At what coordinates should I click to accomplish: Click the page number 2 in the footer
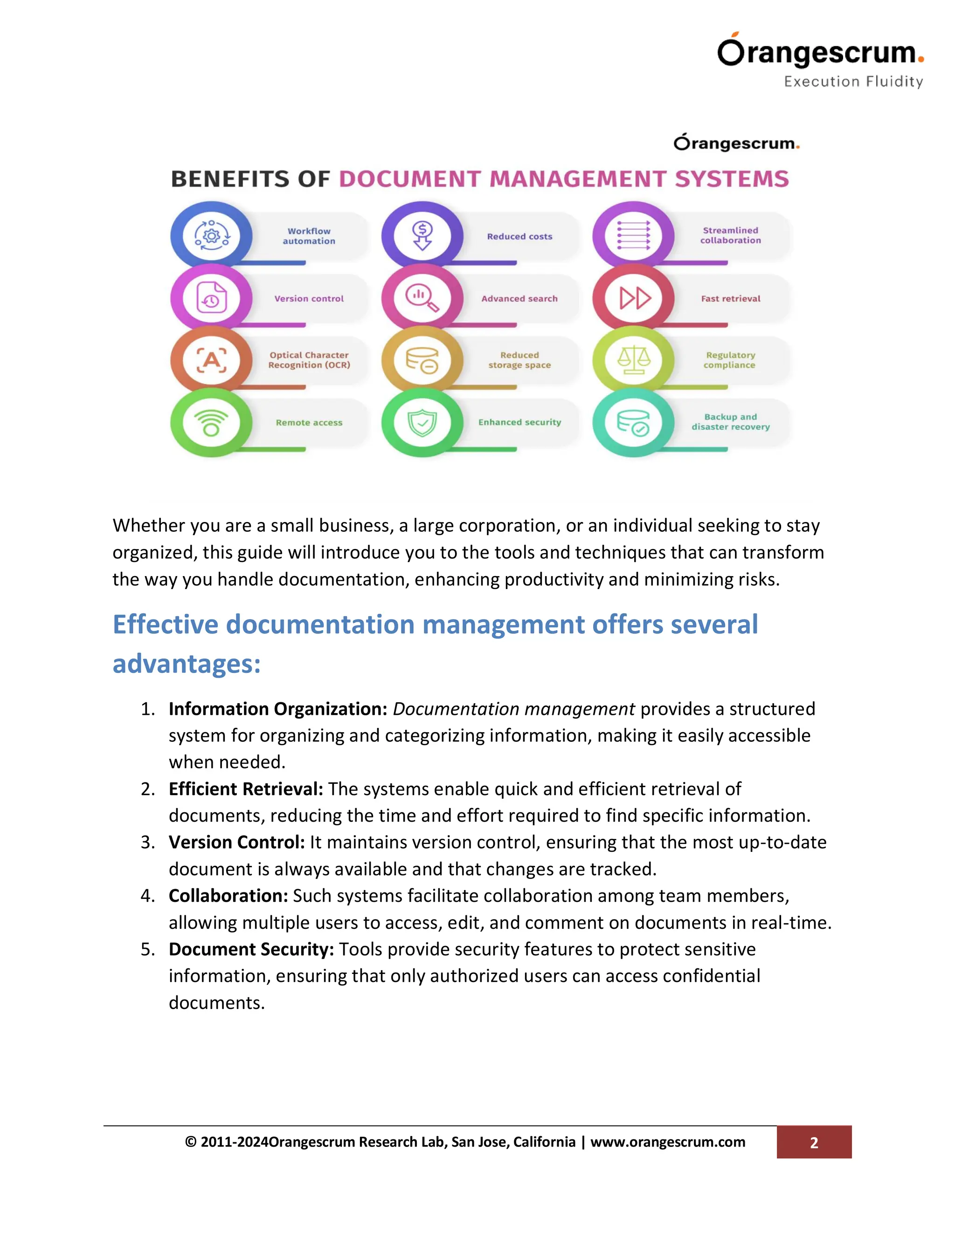point(814,1143)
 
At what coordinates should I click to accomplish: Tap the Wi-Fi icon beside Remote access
point(211,422)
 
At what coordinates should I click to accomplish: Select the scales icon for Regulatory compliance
point(633,360)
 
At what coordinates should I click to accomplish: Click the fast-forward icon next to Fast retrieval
point(634,298)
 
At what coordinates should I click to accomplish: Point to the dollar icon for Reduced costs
point(422,235)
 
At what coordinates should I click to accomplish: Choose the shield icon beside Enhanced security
point(422,422)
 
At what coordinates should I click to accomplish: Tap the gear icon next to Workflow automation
point(211,235)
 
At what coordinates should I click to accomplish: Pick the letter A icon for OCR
point(211,360)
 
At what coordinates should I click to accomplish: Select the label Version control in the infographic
point(309,299)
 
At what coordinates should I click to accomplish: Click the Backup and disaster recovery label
point(730,422)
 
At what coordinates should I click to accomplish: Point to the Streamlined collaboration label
point(730,235)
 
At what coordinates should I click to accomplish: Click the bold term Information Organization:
point(277,708)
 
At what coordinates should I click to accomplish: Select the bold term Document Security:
point(251,949)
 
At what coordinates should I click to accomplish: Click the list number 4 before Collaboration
point(148,896)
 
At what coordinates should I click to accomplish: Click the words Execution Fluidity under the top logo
point(853,82)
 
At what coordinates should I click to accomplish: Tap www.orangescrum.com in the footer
point(668,1142)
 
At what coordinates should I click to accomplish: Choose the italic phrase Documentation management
point(514,708)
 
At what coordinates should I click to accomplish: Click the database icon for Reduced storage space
point(422,360)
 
